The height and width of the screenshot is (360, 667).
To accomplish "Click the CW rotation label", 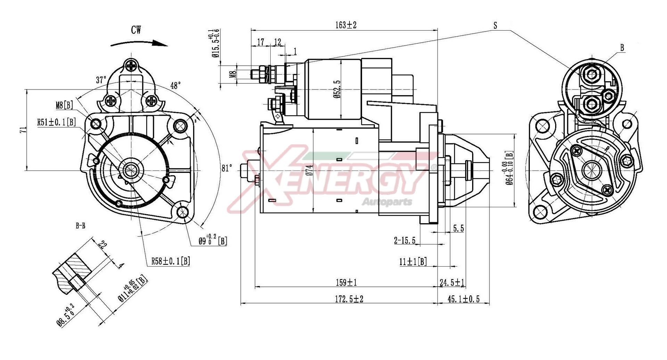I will [x=136, y=30].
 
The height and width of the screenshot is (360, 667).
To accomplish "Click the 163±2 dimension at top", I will [x=346, y=25].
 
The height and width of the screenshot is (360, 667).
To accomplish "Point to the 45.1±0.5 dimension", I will [x=463, y=299].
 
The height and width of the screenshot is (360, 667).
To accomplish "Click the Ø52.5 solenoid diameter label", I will [x=338, y=90].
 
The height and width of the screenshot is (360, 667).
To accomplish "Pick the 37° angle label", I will [x=101, y=80].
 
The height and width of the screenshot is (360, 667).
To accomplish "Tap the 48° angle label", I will [x=176, y=85].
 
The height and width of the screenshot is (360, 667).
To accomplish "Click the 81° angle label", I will [x=227, y=168].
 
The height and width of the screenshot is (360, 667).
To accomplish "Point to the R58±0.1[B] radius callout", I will [x=170, y=261].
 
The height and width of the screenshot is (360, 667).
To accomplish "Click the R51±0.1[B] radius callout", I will [x=56, y=122].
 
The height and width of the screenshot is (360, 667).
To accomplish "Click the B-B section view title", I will [x=80, y=226].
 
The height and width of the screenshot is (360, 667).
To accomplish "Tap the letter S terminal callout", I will [x=495, y=25].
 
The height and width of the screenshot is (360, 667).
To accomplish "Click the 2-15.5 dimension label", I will [x=405, y=241].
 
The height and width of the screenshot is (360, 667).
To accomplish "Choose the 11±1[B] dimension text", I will [x=413, y=261].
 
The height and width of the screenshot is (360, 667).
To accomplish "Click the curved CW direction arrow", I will [x=139, y=43].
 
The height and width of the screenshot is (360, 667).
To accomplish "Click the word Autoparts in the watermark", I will [x=387, y=201].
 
